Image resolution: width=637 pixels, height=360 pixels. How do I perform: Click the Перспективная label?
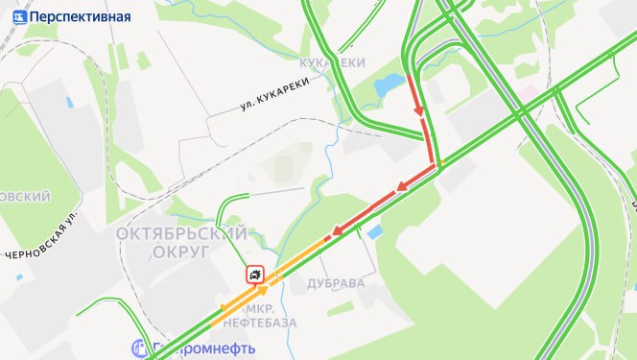coord(81,16)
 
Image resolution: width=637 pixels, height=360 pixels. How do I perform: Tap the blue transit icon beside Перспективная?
coord(19,16)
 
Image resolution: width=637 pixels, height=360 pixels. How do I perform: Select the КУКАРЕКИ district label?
coord(333,62)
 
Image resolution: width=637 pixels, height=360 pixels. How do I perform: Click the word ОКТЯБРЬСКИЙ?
coord(182,233)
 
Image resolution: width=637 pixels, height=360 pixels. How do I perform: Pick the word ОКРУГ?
coord(180,252)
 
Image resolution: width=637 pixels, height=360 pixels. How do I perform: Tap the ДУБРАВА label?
coord(336,284)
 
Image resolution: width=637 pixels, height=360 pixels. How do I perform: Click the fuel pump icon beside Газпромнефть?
coord(140,348)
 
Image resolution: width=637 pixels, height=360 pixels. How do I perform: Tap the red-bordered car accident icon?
coord(255,276)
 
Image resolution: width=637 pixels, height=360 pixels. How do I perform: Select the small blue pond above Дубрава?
coord(373,231)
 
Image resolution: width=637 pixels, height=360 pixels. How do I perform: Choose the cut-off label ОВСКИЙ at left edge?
coord(25,197)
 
